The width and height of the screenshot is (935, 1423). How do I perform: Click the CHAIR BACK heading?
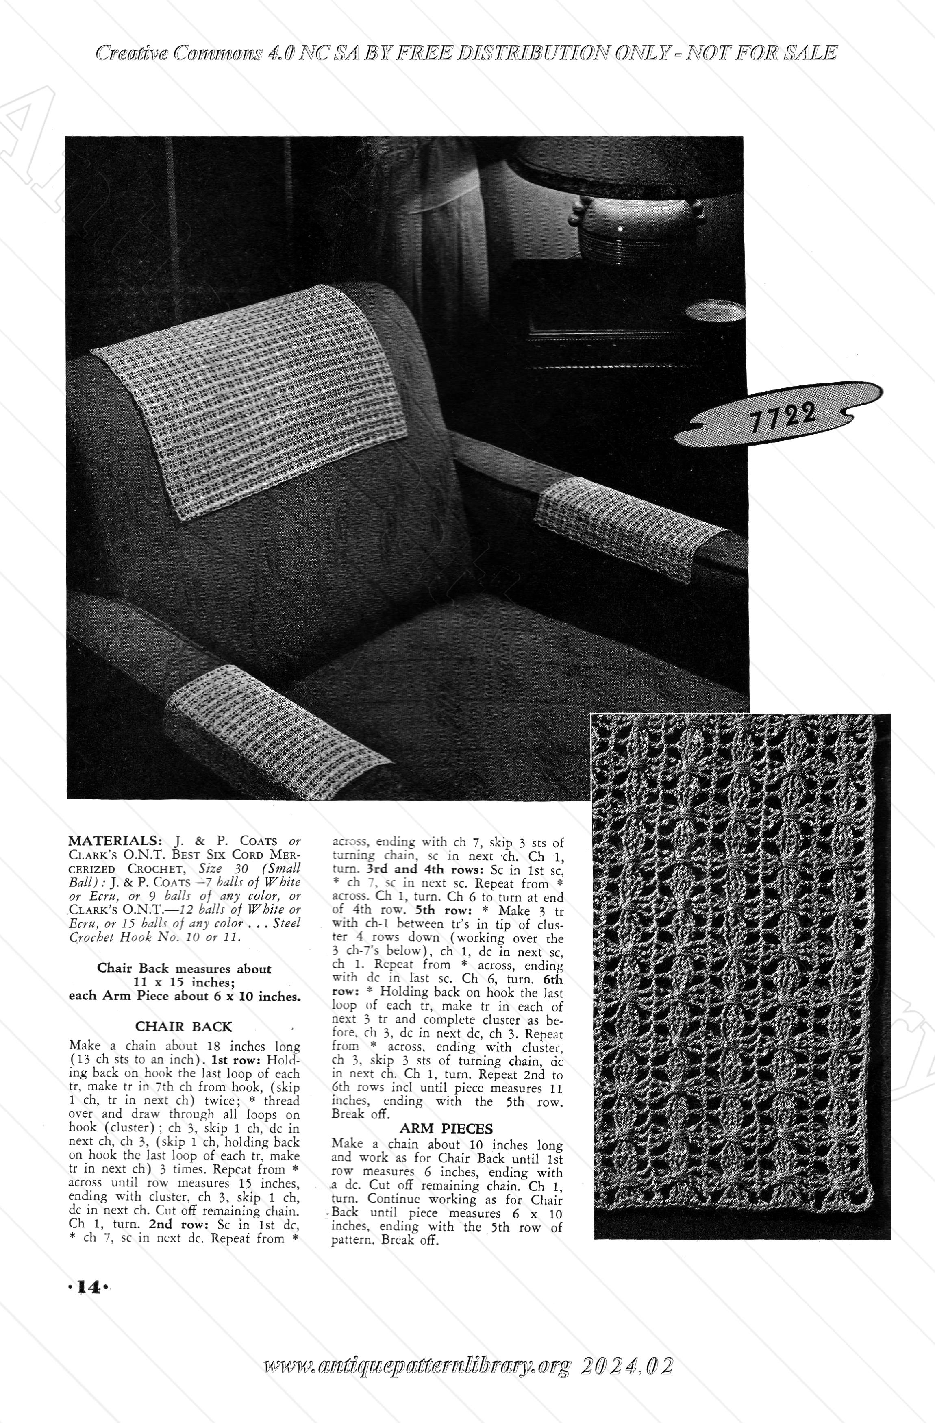coord(183,1027)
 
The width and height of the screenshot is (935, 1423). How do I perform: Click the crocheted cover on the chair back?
coord(251,395)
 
